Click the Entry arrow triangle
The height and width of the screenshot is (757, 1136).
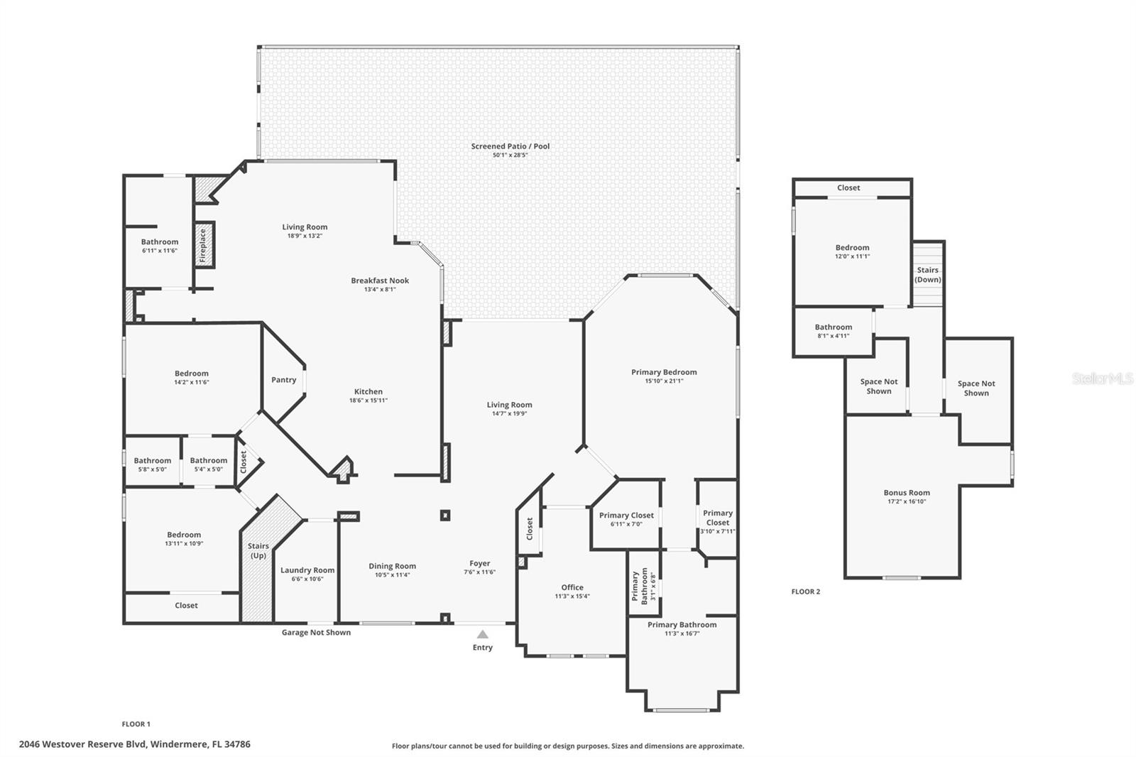tap(483, 634)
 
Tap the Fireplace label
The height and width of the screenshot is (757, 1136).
tap(202, 245)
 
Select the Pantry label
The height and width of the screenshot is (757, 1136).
tap(283, 380)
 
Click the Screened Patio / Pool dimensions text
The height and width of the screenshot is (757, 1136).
tap(510, 155)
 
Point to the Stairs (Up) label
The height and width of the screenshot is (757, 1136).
tap(258, 550)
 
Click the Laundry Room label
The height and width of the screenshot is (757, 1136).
tap(307, 570)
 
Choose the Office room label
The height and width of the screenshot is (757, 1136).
tap(572, 587)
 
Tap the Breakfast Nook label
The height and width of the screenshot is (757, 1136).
tap(380, 281)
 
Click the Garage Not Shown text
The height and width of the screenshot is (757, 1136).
tap(316, 632)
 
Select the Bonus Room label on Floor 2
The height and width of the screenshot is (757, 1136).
tap(907, 493)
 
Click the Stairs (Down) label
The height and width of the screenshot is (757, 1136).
tap(927, 275)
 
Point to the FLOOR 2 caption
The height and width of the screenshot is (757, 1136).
tap(805, 592)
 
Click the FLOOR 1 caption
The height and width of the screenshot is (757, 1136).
tap(136, 724)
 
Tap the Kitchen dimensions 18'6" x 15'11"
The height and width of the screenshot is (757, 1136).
tap(368, 401)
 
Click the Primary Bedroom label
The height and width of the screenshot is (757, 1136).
tap(664, 372)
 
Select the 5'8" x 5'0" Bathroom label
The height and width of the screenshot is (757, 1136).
tap(152, 461)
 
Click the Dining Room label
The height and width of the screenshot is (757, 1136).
tap(392, 567)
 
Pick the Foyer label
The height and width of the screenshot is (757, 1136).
tap(479, 564)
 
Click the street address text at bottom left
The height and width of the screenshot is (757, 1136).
tap(134, 744)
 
